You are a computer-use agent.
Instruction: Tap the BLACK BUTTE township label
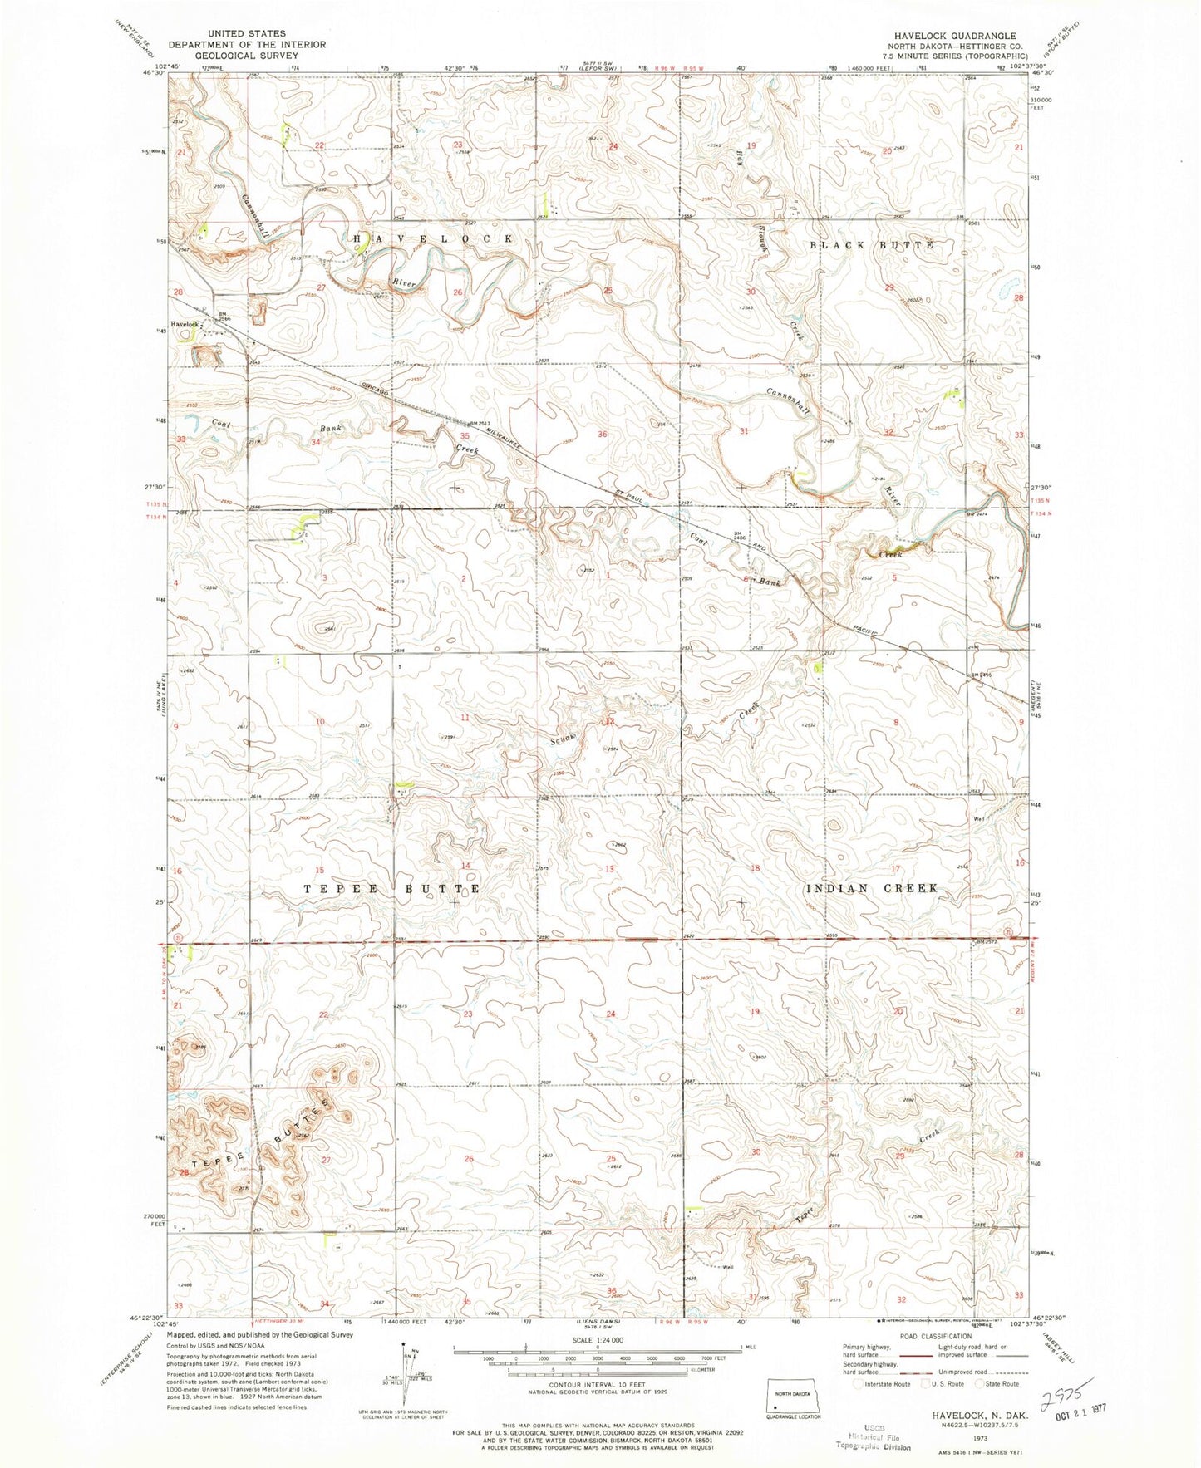click(x=872, y=245)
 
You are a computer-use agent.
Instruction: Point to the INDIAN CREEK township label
click(x=872, y=888)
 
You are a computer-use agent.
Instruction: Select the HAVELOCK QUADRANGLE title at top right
click(x=946, y=36)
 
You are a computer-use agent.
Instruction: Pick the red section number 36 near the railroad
click(x=602, y=435)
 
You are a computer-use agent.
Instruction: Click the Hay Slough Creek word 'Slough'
click(x=761, y=238)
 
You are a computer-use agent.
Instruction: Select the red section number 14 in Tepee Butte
click(x=466, y=867)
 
